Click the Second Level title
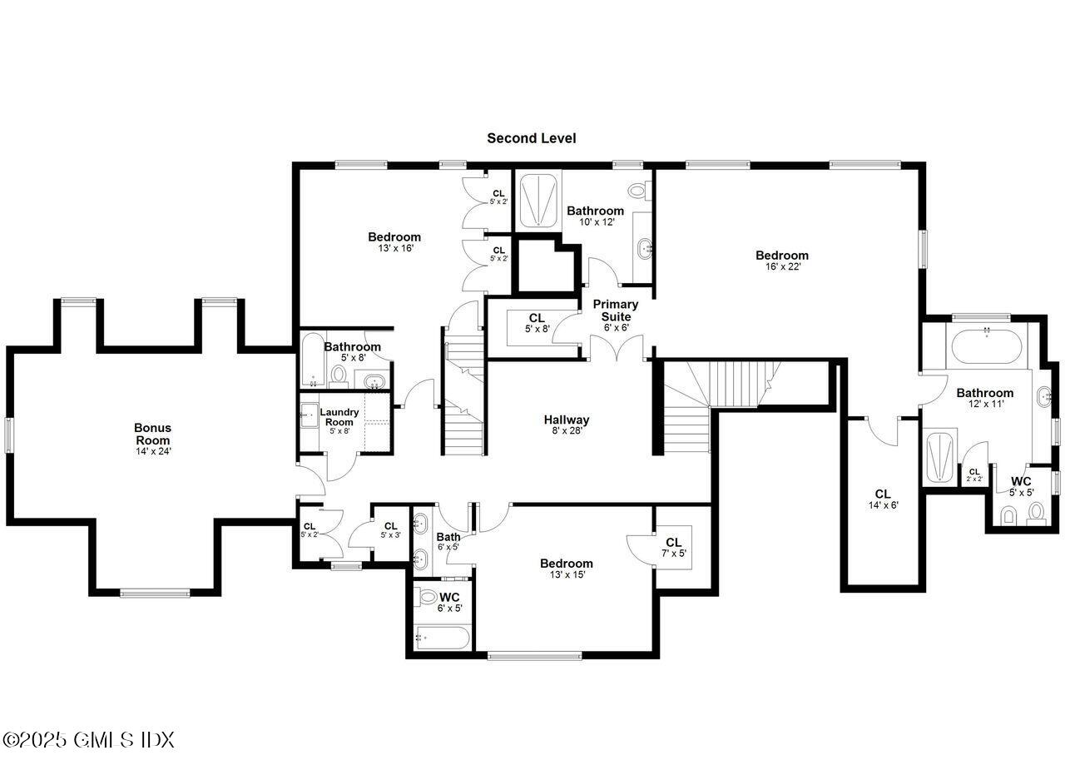point(531,138)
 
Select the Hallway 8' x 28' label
point(567,425)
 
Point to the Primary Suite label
point(616,315)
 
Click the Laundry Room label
point(339,421)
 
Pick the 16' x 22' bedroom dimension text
point(783,267)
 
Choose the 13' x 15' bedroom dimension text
point(567,574)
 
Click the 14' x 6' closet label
point(884,499)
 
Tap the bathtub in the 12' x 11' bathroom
point(987,346)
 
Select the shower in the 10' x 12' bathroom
point(538,201)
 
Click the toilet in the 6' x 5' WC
point(426,597)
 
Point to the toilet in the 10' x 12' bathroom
point(637,191)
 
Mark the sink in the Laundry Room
point(310,415)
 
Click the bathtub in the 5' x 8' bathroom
point(313,359)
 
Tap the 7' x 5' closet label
point(674,548)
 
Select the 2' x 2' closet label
point(974,474)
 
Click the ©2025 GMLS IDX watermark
point(88,740)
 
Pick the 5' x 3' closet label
point(391,530)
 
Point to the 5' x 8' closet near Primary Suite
point(537,323)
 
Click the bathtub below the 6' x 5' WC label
point(442,638)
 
